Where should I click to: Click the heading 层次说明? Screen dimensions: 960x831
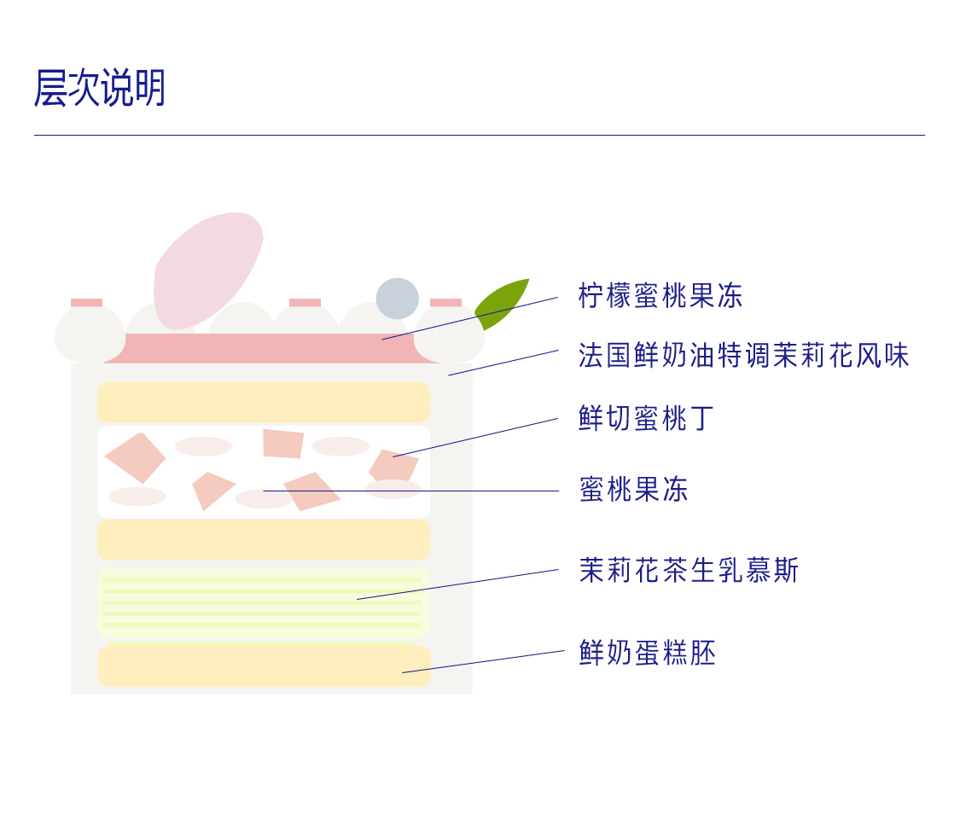tap(99, 88)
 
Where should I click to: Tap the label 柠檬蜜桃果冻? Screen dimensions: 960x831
tap(660, 296)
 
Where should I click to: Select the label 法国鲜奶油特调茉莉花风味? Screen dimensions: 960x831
tap(743, 356)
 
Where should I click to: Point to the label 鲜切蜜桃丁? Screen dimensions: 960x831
tap(646, 419)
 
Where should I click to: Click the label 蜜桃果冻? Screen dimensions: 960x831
tap(632, 490)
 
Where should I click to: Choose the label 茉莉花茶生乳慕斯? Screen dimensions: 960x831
tap(688, 571)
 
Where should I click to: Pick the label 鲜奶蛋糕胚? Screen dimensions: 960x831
tap(647, 653)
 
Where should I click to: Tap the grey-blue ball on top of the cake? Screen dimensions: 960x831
tap(398, 299)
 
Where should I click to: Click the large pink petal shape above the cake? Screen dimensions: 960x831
tap(205, 266)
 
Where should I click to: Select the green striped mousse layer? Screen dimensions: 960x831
tap(263, 603)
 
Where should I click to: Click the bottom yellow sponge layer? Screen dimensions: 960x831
tap(263, 665)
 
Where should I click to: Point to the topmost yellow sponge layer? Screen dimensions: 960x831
tap(263, 402)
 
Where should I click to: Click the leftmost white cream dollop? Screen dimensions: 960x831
tap(89, 334)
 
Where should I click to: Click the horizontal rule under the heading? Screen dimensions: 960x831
tap(479, 135)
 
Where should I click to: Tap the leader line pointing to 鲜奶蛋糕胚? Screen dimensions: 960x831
tap(483, 661)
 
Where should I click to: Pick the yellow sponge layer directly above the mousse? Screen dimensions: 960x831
tap(263, 539)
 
